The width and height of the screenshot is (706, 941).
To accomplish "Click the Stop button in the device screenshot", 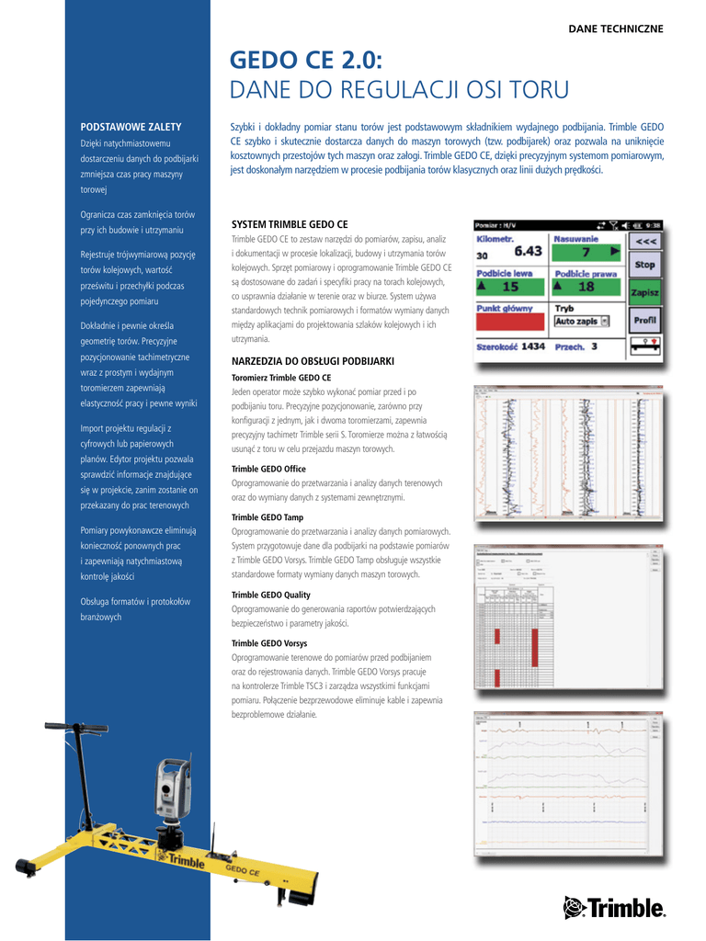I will (646, 266).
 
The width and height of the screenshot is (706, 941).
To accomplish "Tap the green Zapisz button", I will (646, 292).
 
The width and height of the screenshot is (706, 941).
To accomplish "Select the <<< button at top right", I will (646, 241).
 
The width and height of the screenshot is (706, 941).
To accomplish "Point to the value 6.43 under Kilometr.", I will (528, 250).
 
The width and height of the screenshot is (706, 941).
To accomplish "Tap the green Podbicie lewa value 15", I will (510, 287).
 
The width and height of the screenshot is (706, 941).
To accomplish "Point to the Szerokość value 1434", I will (532, 346).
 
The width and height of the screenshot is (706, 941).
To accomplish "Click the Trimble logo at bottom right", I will (614, 909).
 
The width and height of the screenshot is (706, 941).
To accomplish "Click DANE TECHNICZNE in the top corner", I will (615, 29).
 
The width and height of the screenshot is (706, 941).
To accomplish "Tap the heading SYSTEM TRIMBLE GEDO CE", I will (290, 224).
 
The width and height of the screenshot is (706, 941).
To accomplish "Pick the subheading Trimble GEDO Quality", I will (270, 595).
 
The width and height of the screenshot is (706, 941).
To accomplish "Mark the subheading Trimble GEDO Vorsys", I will (269, 644).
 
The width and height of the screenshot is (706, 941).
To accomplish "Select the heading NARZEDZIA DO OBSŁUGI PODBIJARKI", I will (313, 362).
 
